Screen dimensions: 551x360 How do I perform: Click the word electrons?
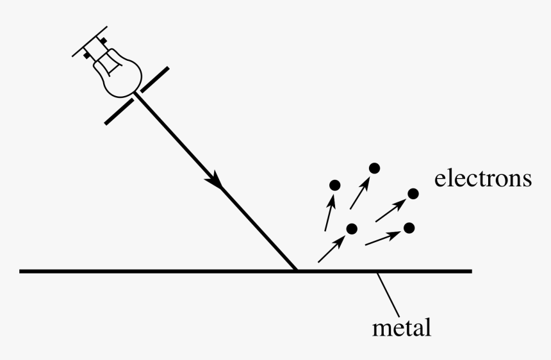pyautogui.click(x=483, y=179)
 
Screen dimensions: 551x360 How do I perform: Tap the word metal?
pyautogui.click(x=402, y=327)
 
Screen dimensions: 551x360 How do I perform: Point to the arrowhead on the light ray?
pyautogui.click(x=213, y=180)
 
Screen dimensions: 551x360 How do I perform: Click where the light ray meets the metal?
pyautogui.click(x=296, y=270)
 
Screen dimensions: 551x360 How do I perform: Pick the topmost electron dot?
pyautogui.click(x=375, y=168)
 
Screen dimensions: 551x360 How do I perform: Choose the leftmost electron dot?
pyautogui.click(x=335, y=185)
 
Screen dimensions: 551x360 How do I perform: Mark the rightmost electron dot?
pyautogui.click(x=413, y=193)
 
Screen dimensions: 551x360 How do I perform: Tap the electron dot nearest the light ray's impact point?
pyautogui.click(x=352, y=229)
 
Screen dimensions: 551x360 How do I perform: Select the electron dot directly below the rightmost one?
pyautogui.click(x=409, y=228)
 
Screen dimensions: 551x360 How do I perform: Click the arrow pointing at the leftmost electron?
pyautogui.click(x=329, y=212)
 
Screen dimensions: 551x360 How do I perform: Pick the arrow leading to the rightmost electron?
pyautogui.click(x=390, y=210)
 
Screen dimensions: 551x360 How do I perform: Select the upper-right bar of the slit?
pyautogui.click(x=155, y=79)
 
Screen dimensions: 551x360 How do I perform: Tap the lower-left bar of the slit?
pyautogui.click(x=119, y=111)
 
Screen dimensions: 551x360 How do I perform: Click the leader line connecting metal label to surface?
pyautogui.click(x=388, y=295)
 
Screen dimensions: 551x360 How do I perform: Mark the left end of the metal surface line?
pyautogui.click(x=20, y=271)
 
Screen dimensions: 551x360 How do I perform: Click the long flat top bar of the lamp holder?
pyautogui.click(x=90, y=41)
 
